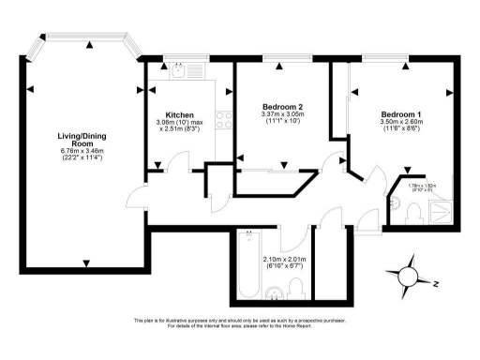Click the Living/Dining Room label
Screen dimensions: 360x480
click(84, 141)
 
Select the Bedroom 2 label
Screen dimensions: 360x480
click(280, 107)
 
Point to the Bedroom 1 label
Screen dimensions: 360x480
click(400, 114)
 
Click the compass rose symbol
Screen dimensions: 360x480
click(411, 274)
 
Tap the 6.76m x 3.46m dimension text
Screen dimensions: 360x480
click(84, 150)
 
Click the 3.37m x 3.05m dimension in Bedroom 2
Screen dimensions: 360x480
click(280, 115)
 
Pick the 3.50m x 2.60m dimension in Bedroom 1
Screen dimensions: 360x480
click(400, 123)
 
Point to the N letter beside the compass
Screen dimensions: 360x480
click(436, 282)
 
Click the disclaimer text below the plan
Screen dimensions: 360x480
click(240, 322)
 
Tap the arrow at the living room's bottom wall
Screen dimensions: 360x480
click(85, 262)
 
